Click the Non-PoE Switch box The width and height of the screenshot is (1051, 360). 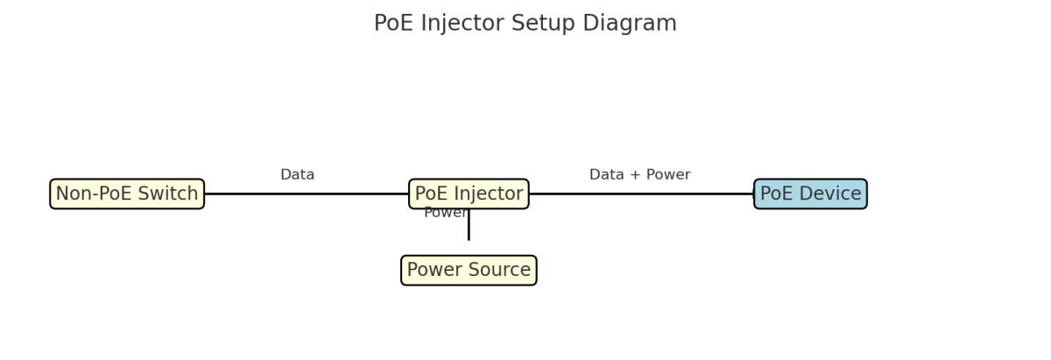pos(127,194)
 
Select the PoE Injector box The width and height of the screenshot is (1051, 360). pos(469,194)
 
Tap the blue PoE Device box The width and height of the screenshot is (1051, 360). pos(810,194)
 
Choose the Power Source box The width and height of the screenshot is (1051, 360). pos(469,271)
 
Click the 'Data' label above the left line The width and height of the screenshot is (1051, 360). pos(297,175)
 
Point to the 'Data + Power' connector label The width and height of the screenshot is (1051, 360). pos(639,175)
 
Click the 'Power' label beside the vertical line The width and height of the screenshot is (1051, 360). pos(444,213)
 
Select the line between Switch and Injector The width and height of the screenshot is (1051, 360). pos(307,194)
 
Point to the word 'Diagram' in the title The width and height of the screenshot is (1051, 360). pos(635,24)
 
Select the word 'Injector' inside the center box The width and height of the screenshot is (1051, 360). pos(489,194)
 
